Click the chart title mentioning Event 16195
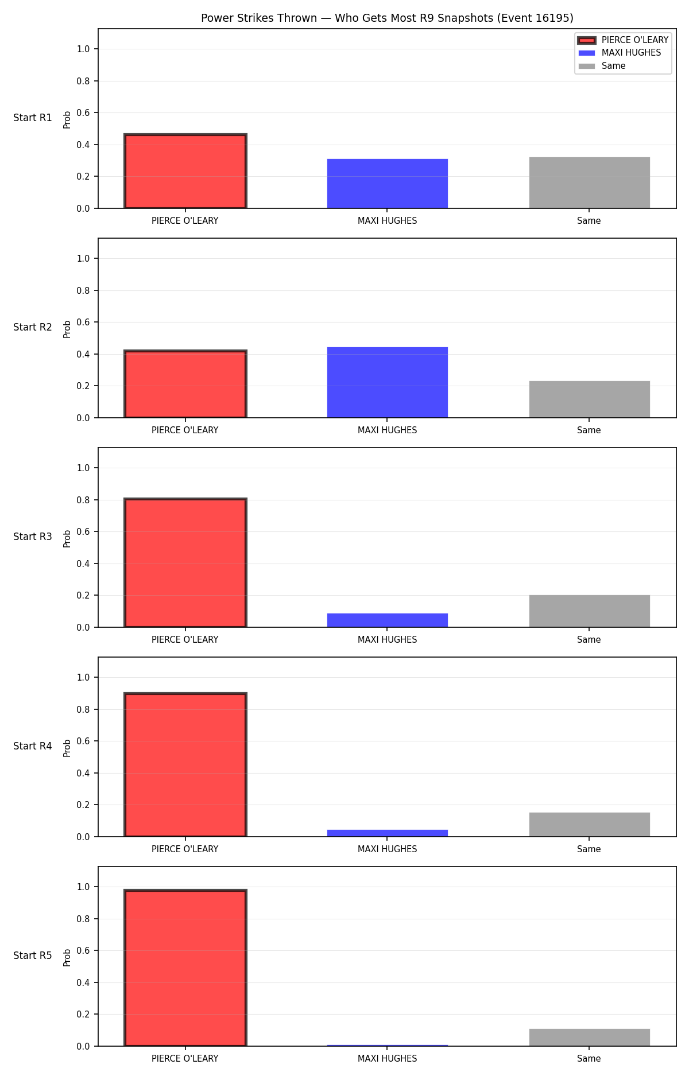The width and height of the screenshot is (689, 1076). click(387, 18)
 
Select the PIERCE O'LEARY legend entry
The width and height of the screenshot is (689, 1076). click(623, 40)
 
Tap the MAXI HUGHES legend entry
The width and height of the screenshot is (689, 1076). click(620, 53)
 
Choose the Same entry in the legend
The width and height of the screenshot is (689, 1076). click(602, 66)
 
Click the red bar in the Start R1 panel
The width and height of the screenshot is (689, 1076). click(185, 171)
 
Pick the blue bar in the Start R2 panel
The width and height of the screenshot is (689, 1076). click(388, 382)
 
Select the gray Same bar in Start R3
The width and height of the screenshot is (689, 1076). click(590, 611)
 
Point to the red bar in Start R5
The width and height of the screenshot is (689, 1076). click(185, 968)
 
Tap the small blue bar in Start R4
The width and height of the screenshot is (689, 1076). click(388, 833)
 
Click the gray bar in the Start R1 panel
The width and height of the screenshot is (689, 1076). click(590, 182)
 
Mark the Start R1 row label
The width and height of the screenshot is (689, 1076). click(33, 118)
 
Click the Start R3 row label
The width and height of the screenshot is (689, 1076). click(33, 537)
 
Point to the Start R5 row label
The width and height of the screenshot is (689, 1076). click(33, 955)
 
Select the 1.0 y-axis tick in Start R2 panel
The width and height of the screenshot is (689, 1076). click(83, 259)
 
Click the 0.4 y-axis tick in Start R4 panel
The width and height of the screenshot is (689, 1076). click(83, 773)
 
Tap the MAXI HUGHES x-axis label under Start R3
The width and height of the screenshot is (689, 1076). click(388, 640)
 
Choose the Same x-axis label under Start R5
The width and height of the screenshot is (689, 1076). click(589, 1059)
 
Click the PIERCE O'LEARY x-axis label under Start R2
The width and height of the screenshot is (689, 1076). click(185, 430)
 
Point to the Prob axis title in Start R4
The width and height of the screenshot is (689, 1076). click(67, 748)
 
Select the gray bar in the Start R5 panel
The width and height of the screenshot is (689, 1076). click(590, 1038)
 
